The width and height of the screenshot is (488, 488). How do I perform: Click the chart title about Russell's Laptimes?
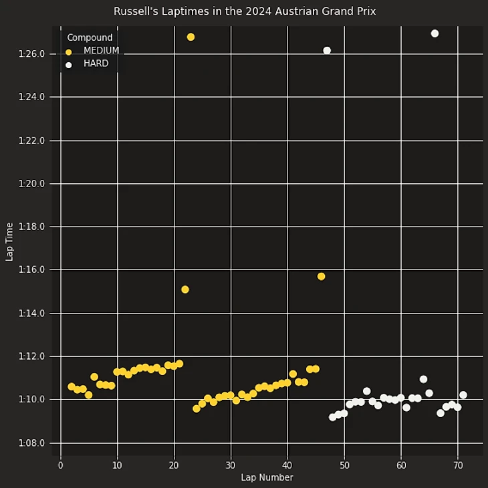pyautogui.click(x=244, y=11)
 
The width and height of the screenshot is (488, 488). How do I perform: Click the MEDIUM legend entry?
pyautogui.click(x=101, y=51)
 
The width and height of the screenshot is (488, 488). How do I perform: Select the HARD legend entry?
pyautogui.click(x=96, y=64)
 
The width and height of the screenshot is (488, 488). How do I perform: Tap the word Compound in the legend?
pyautogui.click(x=90, y=37)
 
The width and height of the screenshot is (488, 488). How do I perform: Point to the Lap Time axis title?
pyautogui.click(x=9, y=241)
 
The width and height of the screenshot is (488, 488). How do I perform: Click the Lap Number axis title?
pyautogui.click(x=267, y=477)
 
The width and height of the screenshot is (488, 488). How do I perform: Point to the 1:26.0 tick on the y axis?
pyautogui.click(x=32, y=54)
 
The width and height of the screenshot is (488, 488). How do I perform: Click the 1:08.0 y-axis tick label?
pyautogui.click(x=32, y=443)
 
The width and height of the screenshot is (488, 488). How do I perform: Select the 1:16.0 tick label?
pyautogui.click(x=32, y=270)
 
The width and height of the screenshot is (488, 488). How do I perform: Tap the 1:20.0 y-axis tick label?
pyautogui.click(x=32, y=184)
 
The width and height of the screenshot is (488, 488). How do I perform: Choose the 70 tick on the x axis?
pyautogui.click(x=458, y=465)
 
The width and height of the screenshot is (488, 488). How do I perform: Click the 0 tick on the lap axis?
pyautogui.click(x=61, y=465)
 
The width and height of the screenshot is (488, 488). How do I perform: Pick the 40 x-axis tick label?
pyautogui.click(x=287, y=465)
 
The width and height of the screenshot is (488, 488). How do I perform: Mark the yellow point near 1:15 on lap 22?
pyautogui.click(x=185, y=289)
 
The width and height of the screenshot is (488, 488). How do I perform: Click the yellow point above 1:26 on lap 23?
pyautogui.click(x=191, y=37)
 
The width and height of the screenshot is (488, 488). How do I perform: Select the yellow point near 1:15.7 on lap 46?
pyautogui.click(x=321, y=276)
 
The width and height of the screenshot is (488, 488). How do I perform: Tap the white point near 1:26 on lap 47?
pyautogui.click(x=327, y=50)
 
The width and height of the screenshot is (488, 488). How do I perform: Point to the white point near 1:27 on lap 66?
pyautogui.click(x=435, y=33)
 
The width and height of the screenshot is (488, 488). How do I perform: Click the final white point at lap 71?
pyautogui.click(x=463, y=395)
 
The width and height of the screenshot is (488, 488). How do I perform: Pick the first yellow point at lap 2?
pyautogui.click(x=72, y=386)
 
